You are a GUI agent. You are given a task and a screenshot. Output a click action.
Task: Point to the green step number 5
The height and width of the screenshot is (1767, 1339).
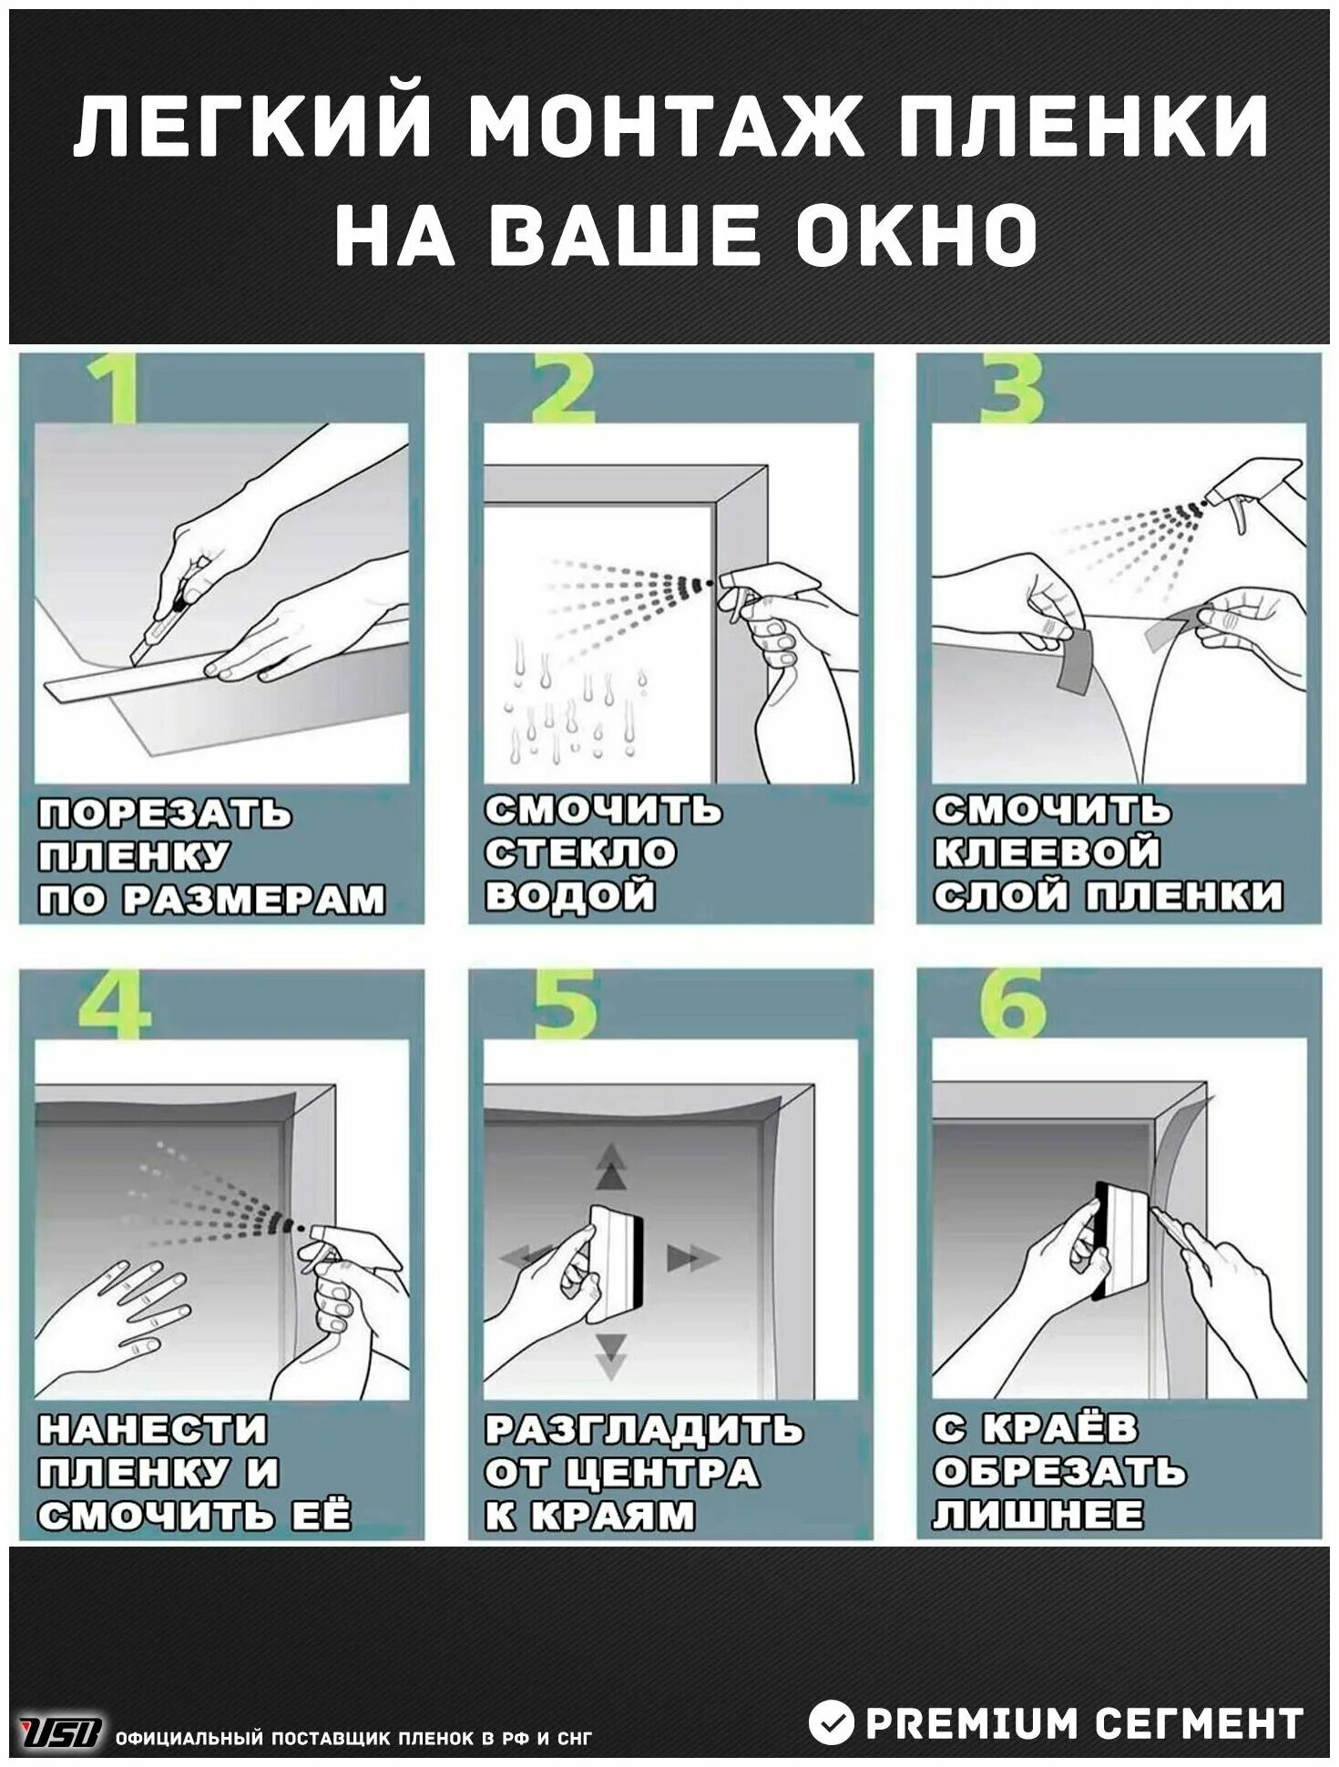[x=565, y=1005]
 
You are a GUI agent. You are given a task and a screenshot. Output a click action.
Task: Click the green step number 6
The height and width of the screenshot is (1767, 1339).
[x=1013, y=1004]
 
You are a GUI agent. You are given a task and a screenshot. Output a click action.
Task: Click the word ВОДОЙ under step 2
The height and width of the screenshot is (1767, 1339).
[x=569, y=895]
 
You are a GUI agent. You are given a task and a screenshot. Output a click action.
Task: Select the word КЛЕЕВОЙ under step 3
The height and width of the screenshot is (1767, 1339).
[x=1047, y=853]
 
